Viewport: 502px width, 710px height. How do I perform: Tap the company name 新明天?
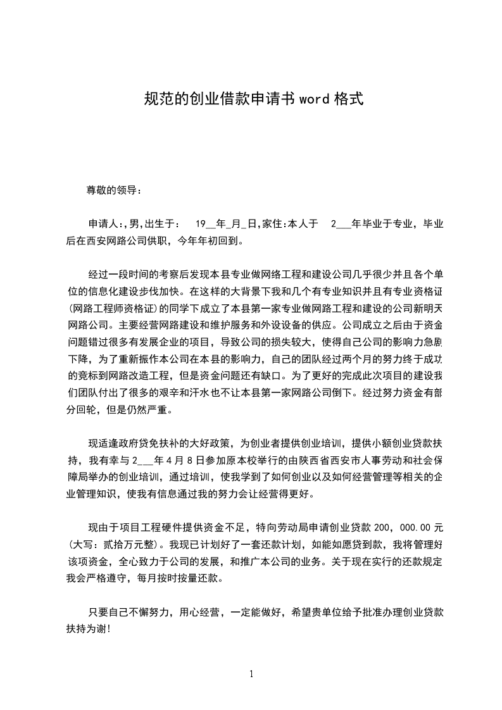point(427,309)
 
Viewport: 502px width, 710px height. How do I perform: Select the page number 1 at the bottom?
point(251,674)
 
